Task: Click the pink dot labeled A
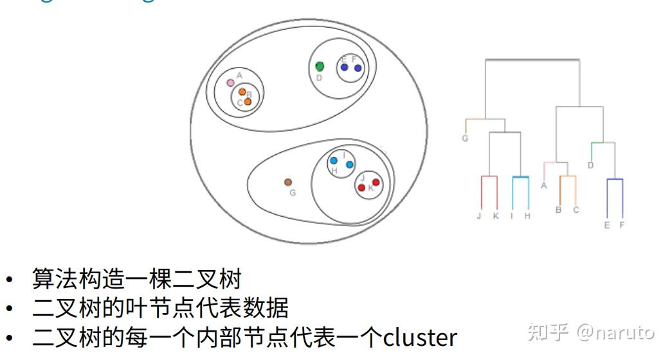(230, 83)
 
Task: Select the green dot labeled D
(320, 66)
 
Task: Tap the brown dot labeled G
(289, 183)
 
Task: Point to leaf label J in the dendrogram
(479, 216)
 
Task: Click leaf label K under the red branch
(496, 216)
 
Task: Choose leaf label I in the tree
(512, 216)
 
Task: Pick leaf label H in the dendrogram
(527, 216)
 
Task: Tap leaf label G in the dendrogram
(465, 138)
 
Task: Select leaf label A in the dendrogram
(544, 186)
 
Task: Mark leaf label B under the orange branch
(559, 210)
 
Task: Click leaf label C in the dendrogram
(576, 210)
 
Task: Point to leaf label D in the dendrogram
(590, 166)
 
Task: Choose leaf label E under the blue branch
(607, 225)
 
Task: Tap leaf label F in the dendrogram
(622, 225)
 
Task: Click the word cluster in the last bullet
(420, 337)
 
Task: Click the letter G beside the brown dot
(293, 193)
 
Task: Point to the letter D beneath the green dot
(318, 78)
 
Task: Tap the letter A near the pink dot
(239, 75)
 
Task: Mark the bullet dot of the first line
(9, 280)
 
